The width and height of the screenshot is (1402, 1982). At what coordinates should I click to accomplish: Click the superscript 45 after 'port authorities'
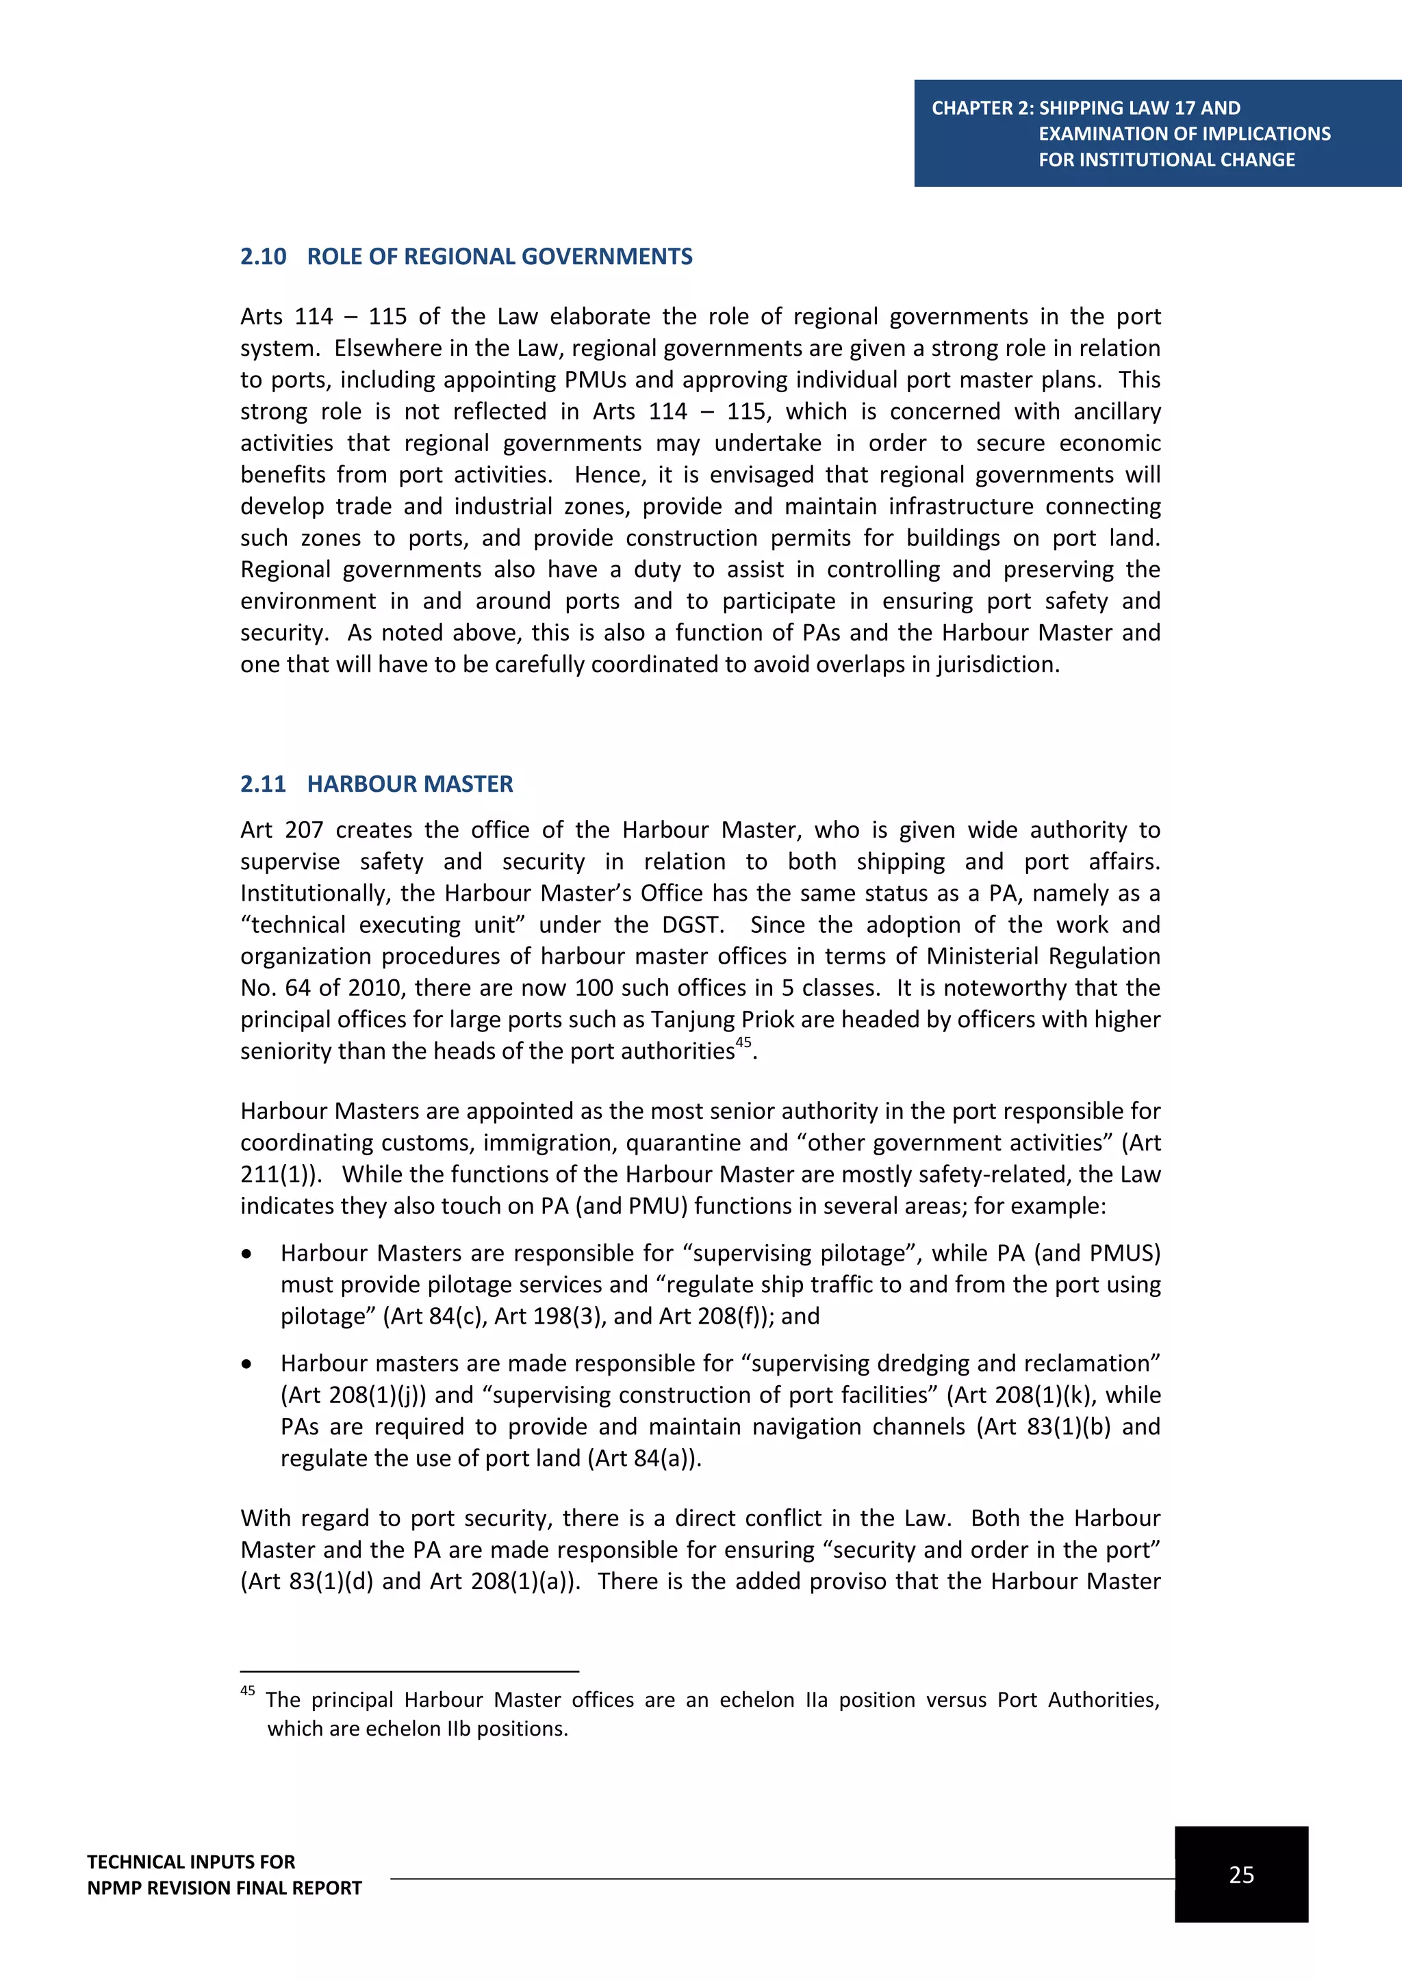point(743,1042)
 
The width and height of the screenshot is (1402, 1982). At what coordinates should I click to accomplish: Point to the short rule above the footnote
point(409,1671)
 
